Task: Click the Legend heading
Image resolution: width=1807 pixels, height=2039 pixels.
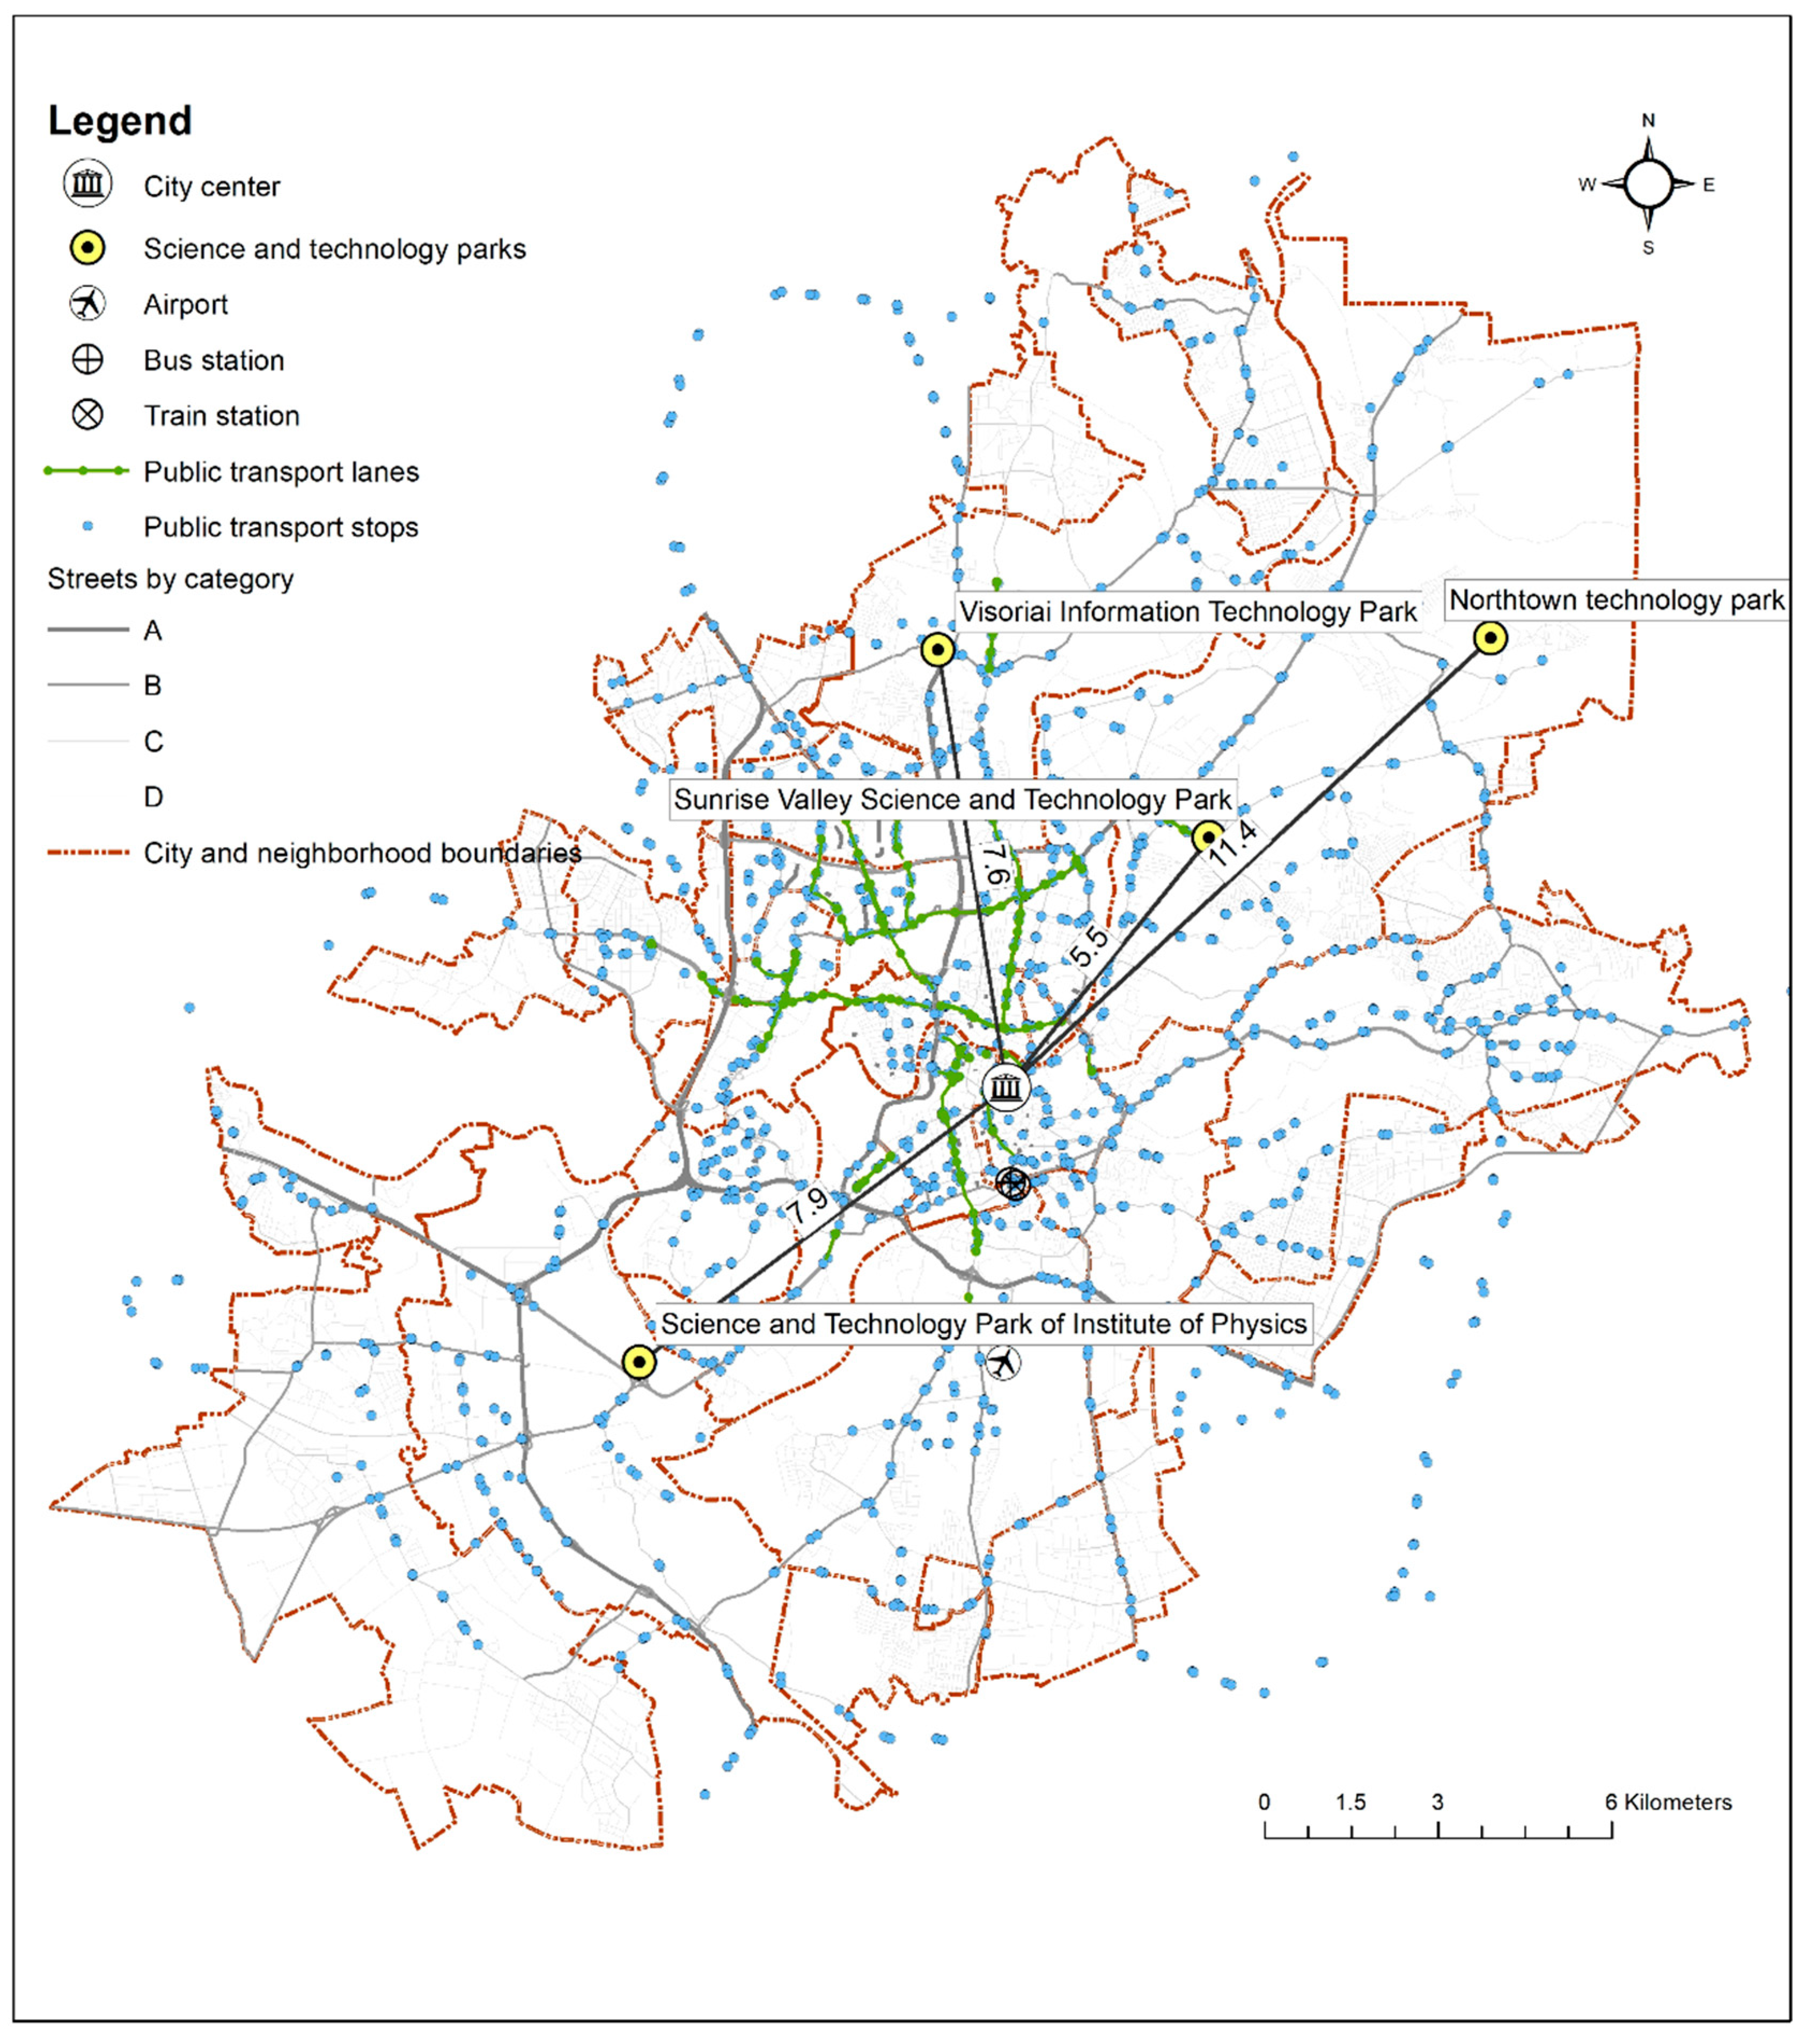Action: pyautogui.click(x=120, y=121)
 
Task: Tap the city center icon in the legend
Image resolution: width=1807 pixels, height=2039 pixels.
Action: pyautogui.click(x=88, y=184)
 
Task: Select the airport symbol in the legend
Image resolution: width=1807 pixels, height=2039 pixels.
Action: pyautogui.click(x=88, y=303)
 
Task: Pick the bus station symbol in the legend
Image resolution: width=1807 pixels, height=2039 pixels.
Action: pyautogui.click(x=88, y=359)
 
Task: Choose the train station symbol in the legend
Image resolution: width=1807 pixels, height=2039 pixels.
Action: pyautogui.click(x=88, y=415)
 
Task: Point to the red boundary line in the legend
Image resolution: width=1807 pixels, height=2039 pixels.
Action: pyautogui.click(x=88, y=853)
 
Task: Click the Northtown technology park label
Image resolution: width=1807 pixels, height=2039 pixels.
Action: pyautogui.click(x=1615, y=601)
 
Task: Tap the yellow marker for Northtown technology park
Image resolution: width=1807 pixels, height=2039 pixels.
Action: pyautogui.click(x=1490, y=638)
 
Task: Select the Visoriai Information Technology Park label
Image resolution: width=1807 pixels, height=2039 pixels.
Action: pyautogui.click(x=1187, y=611)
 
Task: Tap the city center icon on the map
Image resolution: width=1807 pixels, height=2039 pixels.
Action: pyautogui.click(x=1006, y=1087)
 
